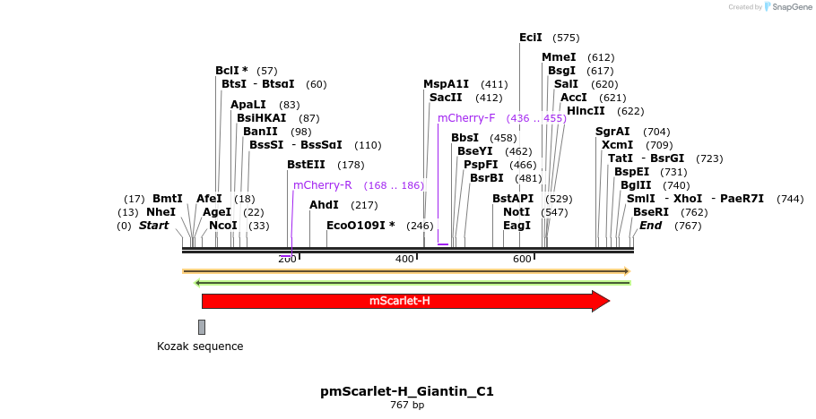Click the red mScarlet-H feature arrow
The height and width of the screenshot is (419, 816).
pyautogui.click(x=404, y=301)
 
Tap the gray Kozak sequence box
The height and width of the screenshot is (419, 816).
pyautogui.click(x=202, y=327)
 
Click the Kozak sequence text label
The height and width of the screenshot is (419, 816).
pyautogui.click(x=200, y=346)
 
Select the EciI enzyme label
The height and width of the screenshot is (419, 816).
pyautogui.click(x=531, y=38)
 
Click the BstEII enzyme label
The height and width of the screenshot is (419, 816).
pyautogui.click(x=307, y=165)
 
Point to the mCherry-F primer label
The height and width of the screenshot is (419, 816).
pyautogui.click(x=466, y=118)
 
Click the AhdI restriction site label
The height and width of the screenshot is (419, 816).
pyautogui.click(x=324, y=205)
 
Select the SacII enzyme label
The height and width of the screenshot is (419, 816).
pyautogui.click(x=446, y=98)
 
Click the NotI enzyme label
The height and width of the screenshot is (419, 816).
pyautogui.click(x=517, y=212)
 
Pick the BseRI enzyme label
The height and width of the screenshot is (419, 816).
pyautogui.click(x=651, y=212)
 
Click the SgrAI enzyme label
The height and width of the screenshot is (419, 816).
pyautogui.click(x=613, y=131)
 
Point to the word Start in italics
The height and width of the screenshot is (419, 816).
pyautogui.click(x=153, y=226)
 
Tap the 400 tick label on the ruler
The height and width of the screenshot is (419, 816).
pyautogui.click(x=404, y=259)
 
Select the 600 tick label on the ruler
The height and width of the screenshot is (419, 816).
pyautogui.click(x=522, y=259)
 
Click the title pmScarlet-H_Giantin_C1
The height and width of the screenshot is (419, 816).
pyautogui.click(x=407, y=391)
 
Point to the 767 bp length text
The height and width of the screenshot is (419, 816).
pyautogui.click(x=407, y=406)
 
